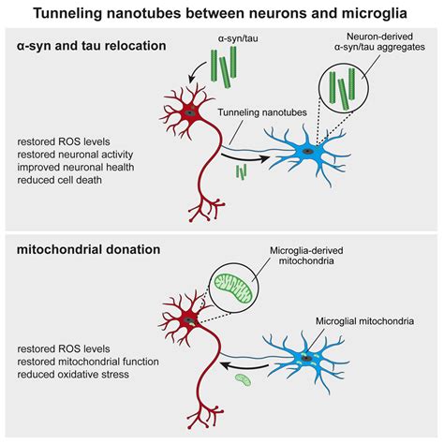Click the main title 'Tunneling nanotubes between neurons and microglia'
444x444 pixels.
pyautogui.click(x=222, y=13)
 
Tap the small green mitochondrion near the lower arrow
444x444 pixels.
pyautogui.click(x=242, y=380)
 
